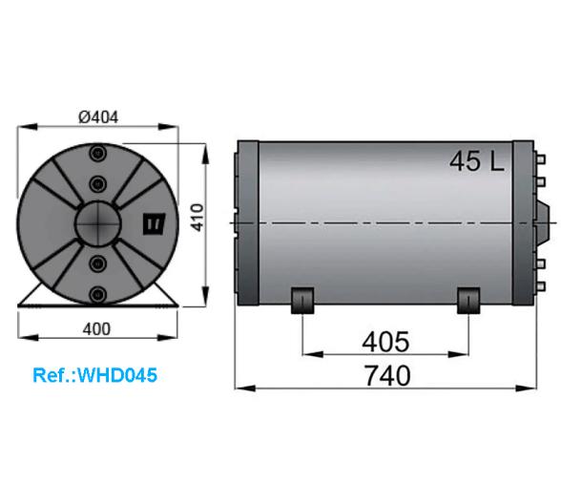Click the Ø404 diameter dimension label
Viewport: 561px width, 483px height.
[x=98, y=117]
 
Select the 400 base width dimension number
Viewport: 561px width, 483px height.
[x=97, y=327]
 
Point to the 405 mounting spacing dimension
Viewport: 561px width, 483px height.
[x=385, y=342]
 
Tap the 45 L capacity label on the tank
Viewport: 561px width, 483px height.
[x=477, y=161]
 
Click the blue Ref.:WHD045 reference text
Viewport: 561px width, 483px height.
[x=94, y=375]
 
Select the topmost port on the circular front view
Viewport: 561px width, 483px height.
[x=96, y=157]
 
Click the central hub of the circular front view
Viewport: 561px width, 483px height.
[x=97, y=224]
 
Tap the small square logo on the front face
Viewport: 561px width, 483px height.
[x=153, y=223]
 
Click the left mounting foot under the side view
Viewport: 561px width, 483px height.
[x=302, y=300]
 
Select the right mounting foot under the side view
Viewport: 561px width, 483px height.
[x=468, y=300]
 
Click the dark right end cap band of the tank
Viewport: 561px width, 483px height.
[x=523, y=221]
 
